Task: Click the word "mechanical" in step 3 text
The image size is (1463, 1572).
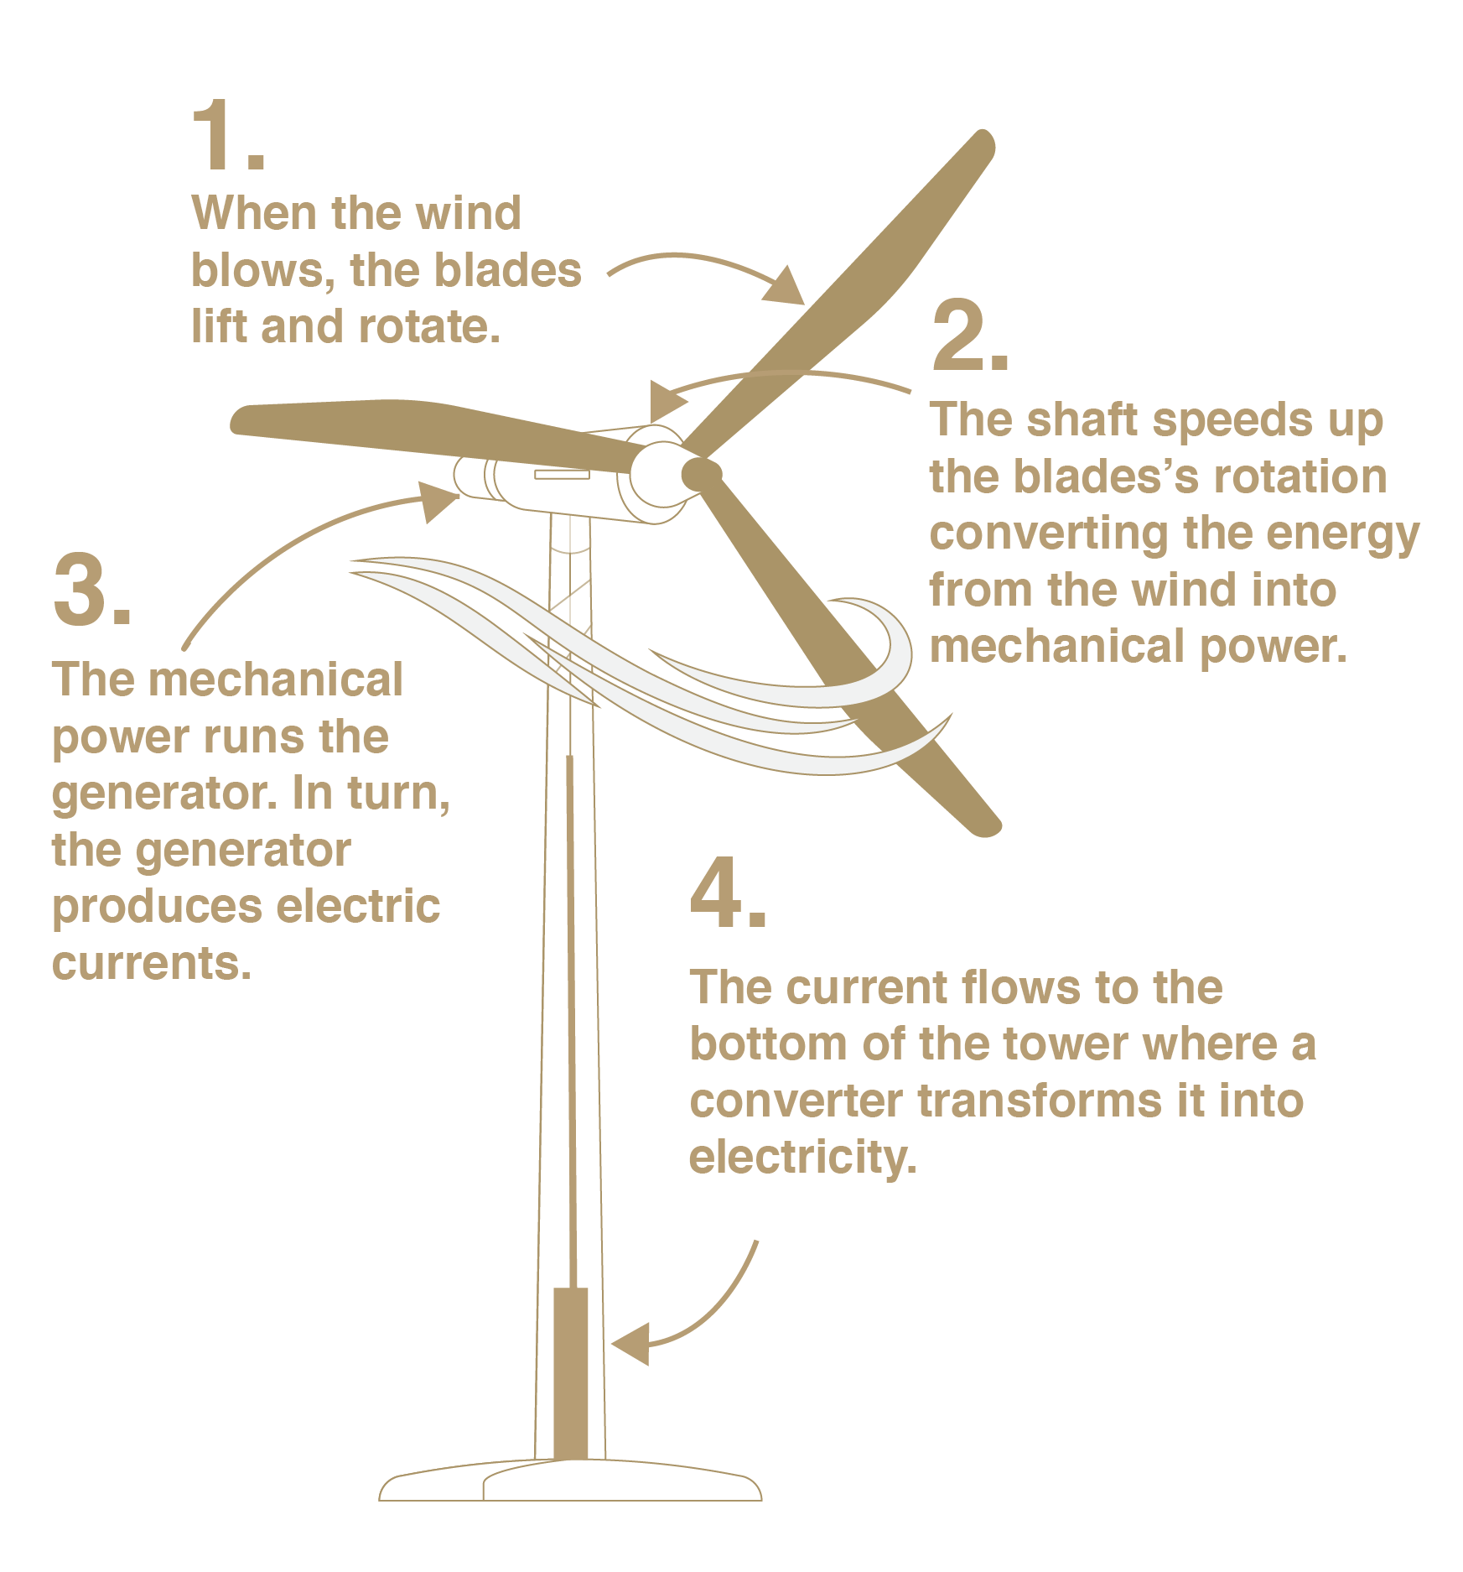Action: pyautogui.click(x=275, y=679)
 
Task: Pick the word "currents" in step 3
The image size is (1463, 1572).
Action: pyautogui.click(x=151, y=963)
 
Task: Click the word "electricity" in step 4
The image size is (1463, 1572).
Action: pyautogui.click(x=802, y=1158)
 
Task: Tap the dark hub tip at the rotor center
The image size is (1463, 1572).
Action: pyautogui.click(x=701, y=474)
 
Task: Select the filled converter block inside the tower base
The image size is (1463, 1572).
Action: pyautogui.click(x=570, y=1376)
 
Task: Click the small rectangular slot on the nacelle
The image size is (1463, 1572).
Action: pyautogui.click(x=562, y=475)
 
